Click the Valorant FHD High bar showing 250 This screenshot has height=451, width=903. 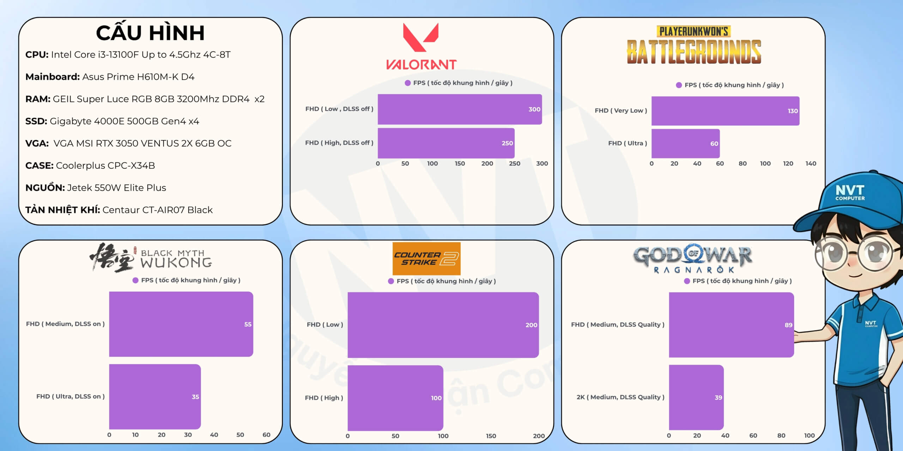pos(446,143)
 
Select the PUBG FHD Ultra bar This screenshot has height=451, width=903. pos(685,143)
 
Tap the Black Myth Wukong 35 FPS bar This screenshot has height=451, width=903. pos(155,396)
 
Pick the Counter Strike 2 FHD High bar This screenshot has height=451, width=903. pos(395,398)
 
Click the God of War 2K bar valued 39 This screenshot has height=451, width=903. pos(696,397)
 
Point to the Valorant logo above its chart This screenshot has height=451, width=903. pos(421,46)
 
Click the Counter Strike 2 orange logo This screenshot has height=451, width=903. pos(426,259)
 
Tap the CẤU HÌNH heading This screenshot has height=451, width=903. pos(150,33)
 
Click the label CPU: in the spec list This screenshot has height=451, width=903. pos(37,55)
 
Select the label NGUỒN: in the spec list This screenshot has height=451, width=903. pos(45,187)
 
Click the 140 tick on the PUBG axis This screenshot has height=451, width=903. pos(811,163)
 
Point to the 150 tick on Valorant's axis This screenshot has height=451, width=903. pos(460,163)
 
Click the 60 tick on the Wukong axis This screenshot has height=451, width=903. pos(266,435)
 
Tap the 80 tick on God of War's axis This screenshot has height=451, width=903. pos(781,435)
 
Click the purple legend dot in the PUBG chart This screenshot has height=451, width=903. pos(679,85)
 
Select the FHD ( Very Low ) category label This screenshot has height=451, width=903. pos(621,111)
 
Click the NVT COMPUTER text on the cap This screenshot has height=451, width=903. pos(850,192)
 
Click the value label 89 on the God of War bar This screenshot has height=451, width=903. pos(788,325)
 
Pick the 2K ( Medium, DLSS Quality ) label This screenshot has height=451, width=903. pos(620,397)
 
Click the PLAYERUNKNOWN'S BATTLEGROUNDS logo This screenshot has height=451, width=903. pos(693,46)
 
